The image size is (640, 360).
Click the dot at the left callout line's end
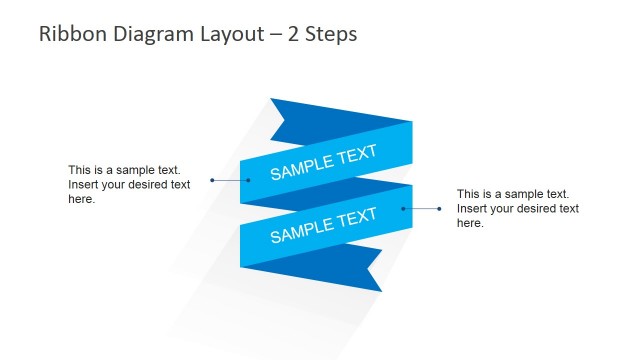point(212,180)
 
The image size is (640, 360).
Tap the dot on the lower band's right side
point(404,208)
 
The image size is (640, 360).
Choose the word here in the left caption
point(82,199)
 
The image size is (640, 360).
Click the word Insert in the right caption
point(473,208)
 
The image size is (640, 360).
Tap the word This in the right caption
point(469,193)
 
